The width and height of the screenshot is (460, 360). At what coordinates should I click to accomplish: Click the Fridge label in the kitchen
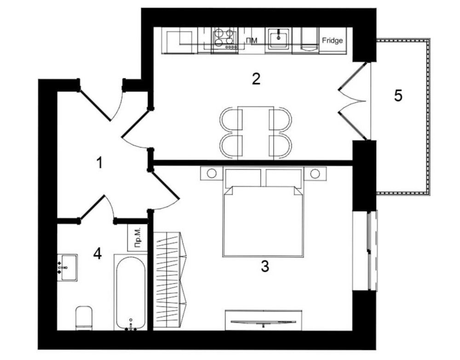point(332,40)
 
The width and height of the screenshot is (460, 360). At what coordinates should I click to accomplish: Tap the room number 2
point(256,79)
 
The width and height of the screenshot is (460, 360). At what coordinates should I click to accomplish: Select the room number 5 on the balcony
point(398,96)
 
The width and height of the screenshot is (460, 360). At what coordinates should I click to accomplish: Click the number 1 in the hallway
point(100,163)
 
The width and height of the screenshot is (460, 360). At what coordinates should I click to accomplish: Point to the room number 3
point(264,267)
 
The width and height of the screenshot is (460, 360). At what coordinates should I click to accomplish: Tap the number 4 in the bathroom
point(98,254)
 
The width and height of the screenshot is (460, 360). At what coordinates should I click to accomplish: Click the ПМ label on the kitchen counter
point(252,41)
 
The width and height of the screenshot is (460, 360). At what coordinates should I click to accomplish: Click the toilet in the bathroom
point(84,318)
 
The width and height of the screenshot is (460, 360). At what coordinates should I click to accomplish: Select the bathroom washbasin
point(68,268)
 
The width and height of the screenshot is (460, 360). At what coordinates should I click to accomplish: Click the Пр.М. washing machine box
point(138,237)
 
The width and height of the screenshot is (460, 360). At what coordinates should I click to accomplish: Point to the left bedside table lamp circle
point(212,173)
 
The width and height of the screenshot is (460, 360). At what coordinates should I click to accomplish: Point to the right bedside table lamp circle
point(315,173)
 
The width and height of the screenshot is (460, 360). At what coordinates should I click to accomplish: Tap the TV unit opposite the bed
point(264,320)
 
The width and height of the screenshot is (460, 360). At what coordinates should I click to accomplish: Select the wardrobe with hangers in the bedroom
point(170,280)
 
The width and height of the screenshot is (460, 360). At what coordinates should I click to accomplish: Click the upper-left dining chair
point(231,120)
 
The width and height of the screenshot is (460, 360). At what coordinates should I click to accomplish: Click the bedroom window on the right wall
point(371,251)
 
